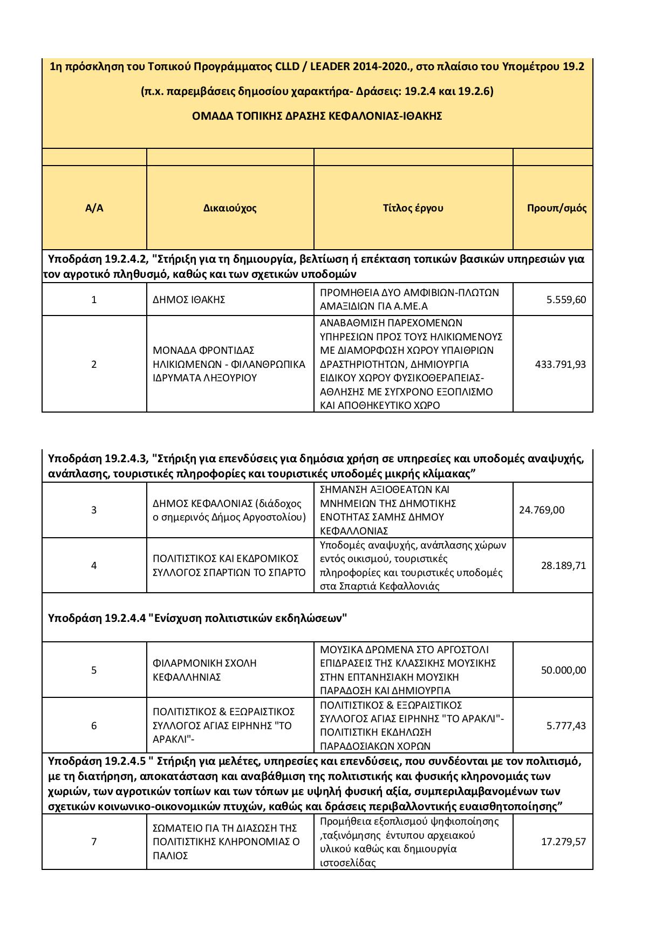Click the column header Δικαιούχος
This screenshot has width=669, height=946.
230,208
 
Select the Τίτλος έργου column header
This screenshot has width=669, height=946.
413,208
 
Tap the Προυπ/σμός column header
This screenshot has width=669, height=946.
557,208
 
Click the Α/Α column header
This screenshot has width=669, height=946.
94,208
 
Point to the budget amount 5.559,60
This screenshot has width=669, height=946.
566,300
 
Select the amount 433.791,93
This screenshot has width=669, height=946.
560,364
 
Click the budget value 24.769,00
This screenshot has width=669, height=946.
542,510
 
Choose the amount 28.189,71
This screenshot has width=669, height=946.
563,566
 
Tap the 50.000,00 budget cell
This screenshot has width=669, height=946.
563,670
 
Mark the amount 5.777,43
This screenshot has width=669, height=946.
566,726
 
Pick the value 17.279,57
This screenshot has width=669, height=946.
563,842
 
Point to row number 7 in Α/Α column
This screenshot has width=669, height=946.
94,842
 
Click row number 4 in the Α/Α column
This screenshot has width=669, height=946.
94,566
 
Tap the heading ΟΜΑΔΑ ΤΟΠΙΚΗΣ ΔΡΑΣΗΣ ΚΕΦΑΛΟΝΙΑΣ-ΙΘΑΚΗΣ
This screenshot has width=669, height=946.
317,116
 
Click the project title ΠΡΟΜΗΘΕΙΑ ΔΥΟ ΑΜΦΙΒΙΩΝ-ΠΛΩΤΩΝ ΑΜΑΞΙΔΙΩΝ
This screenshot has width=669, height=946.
409,300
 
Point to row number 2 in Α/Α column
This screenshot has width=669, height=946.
94,364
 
